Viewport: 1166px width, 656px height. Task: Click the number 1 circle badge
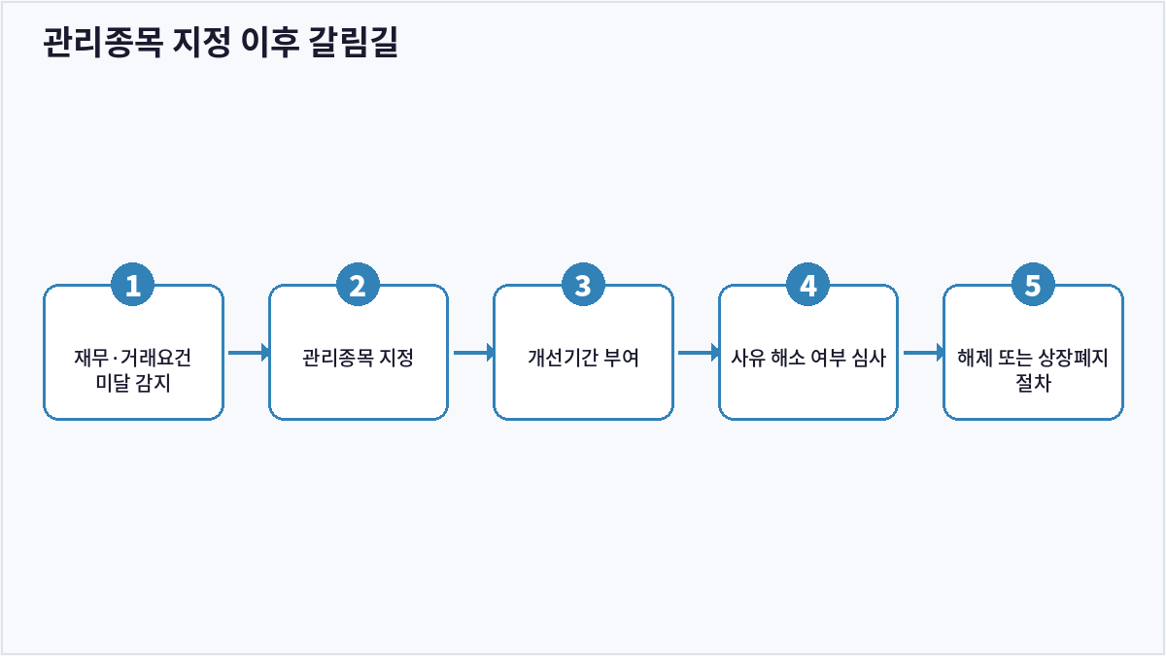click(133, 284)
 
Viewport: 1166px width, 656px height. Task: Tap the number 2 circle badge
click(358, 284)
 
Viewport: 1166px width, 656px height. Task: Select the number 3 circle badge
click(583, 284)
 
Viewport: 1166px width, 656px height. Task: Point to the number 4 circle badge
click(807, 284)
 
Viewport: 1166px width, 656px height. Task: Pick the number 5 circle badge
click(1033, 284)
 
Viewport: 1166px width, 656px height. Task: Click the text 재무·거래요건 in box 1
click(133, 358)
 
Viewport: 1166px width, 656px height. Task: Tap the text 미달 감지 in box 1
click(133, 383)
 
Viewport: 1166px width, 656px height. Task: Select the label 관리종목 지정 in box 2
click(358, 358)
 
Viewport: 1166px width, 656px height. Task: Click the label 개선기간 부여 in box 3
click(583, 358)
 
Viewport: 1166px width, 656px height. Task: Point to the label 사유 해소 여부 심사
click(807, 358)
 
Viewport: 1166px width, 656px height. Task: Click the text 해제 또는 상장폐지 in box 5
click(1033, 358)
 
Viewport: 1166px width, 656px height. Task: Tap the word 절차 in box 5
click(1033, 383)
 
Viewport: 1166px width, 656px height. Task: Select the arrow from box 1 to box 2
click(249, 353)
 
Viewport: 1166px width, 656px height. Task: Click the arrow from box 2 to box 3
click(474, 353)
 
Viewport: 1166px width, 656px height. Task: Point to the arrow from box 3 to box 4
click(699, 353)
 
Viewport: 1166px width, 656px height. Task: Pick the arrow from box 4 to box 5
click(924, 353)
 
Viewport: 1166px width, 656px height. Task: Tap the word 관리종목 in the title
click(103, 42)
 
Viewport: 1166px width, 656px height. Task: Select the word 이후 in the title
click(270, 42)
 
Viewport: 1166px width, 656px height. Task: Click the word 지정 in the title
click(201, 42)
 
